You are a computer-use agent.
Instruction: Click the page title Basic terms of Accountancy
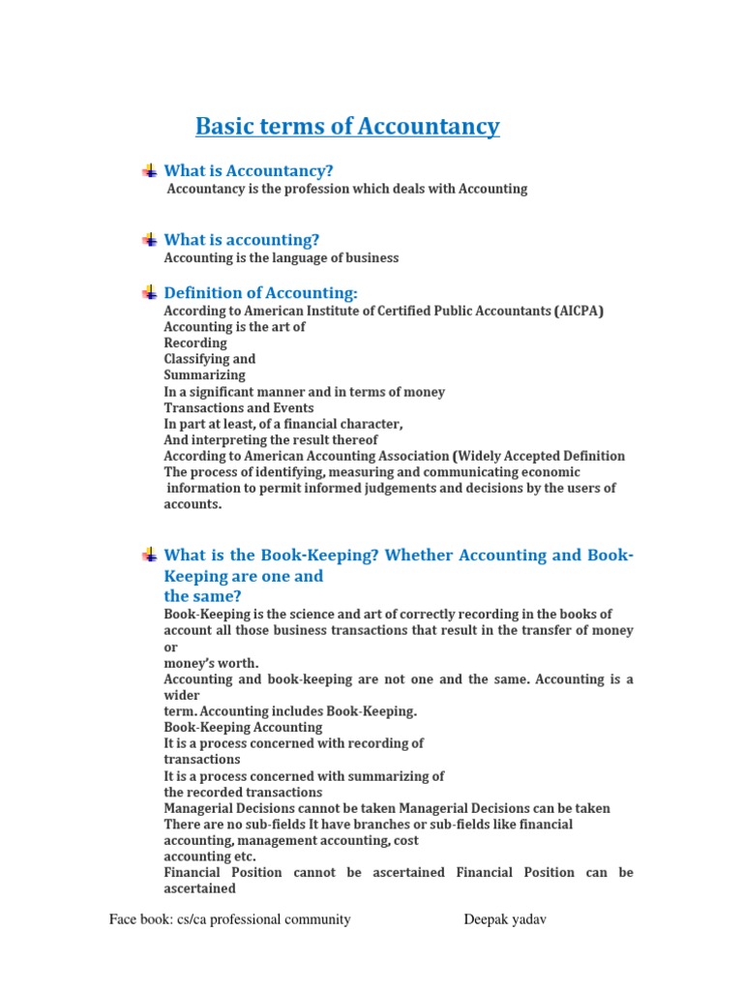tap(347, 126)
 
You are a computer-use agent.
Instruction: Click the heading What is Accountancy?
tap(249, 171)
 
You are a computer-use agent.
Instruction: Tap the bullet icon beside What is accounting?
tap(149, 239)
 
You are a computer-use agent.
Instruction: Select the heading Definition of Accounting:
tap(261, 292)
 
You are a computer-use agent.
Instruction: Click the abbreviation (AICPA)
tap(580, 311)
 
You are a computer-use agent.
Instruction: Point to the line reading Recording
tap(195, 343)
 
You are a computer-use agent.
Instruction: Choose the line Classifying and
tap(210, 359)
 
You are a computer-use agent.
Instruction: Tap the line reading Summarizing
tap(204, 375)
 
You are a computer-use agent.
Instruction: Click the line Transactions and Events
tap(239, 407)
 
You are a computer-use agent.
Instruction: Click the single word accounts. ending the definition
tap(193, 504)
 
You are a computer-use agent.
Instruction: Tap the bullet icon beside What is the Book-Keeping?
tap(149, 555)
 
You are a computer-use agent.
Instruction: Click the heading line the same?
tap(202, 596)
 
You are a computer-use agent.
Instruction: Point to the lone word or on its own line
tap(170, 646)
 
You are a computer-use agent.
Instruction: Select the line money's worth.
tap(211, 663)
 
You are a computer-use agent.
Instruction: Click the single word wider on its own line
tap(182, 695)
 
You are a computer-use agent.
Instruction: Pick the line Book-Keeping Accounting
tap(243, 727)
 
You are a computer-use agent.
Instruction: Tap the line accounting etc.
tap(210, 856)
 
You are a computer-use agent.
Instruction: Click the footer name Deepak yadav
tap(506, 919)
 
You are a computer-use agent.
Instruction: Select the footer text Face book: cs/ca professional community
tap(230, 919)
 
